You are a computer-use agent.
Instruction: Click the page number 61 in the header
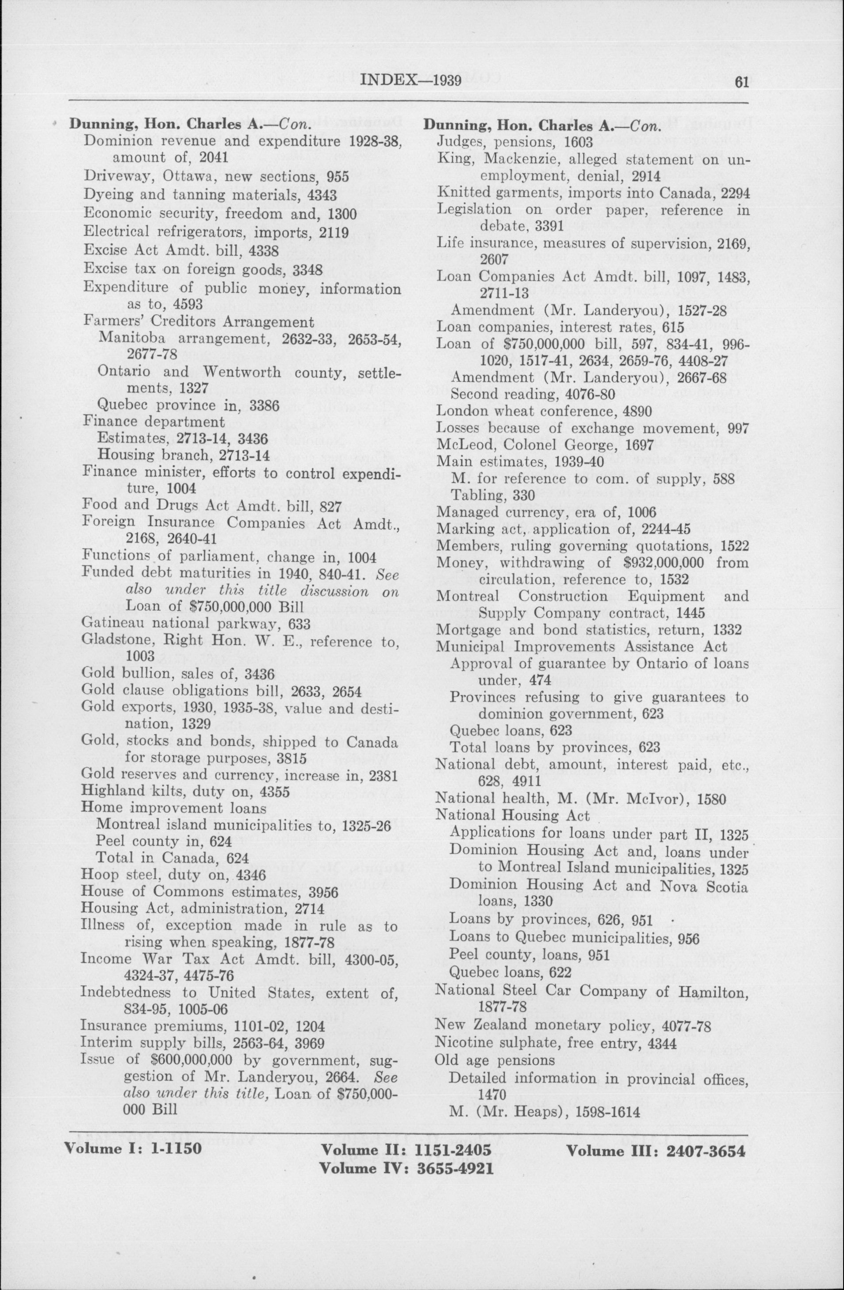pyautogui.click(x=741, y=82)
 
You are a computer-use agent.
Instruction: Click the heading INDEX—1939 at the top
pyautogui.click(x=410, y=81)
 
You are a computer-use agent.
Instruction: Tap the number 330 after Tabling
pyautogui.click(x=524, y=495)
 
